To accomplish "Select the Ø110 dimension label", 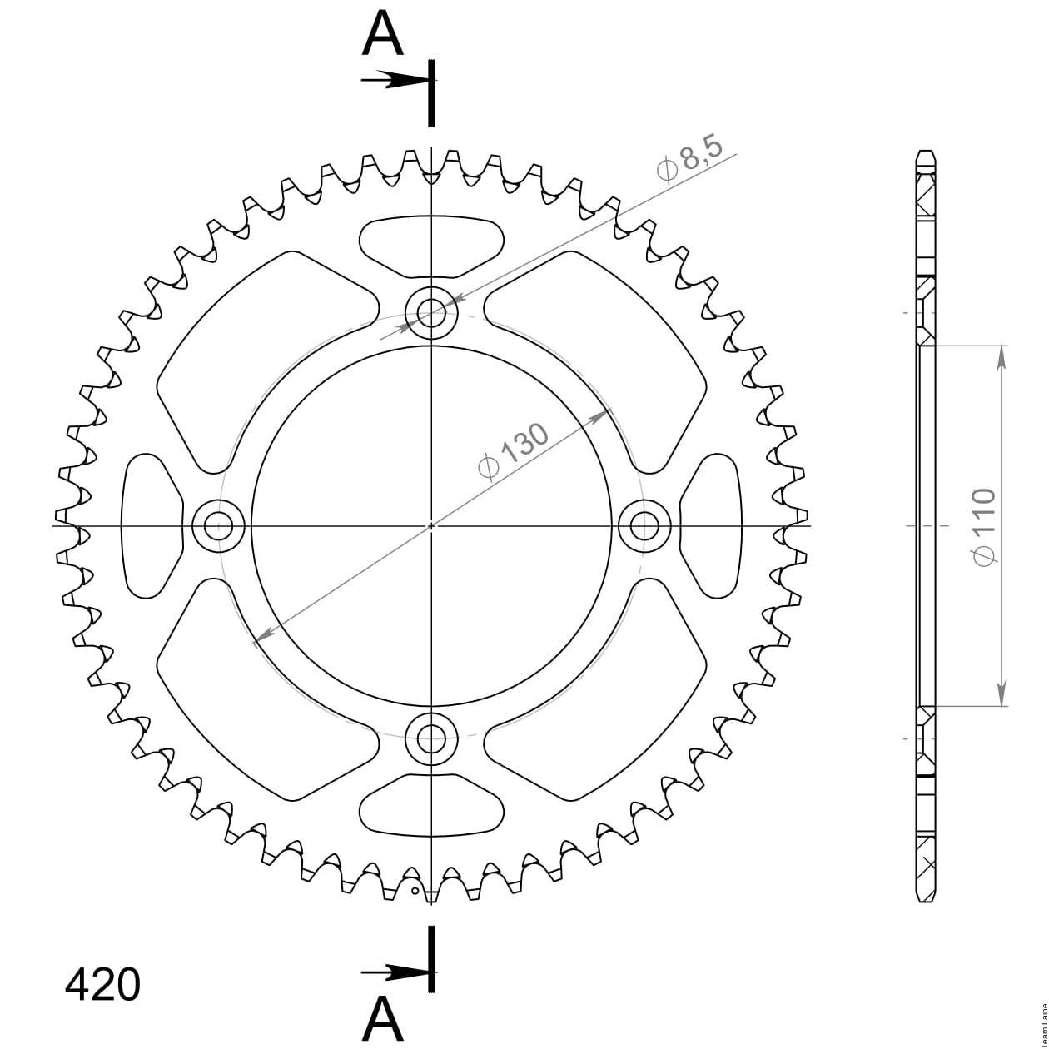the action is pos(985,526).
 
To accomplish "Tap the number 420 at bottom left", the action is pos(102,970).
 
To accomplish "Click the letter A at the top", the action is pos(382,36).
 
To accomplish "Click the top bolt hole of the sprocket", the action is pos(432,313).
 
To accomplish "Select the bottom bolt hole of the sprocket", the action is pos(432,739).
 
